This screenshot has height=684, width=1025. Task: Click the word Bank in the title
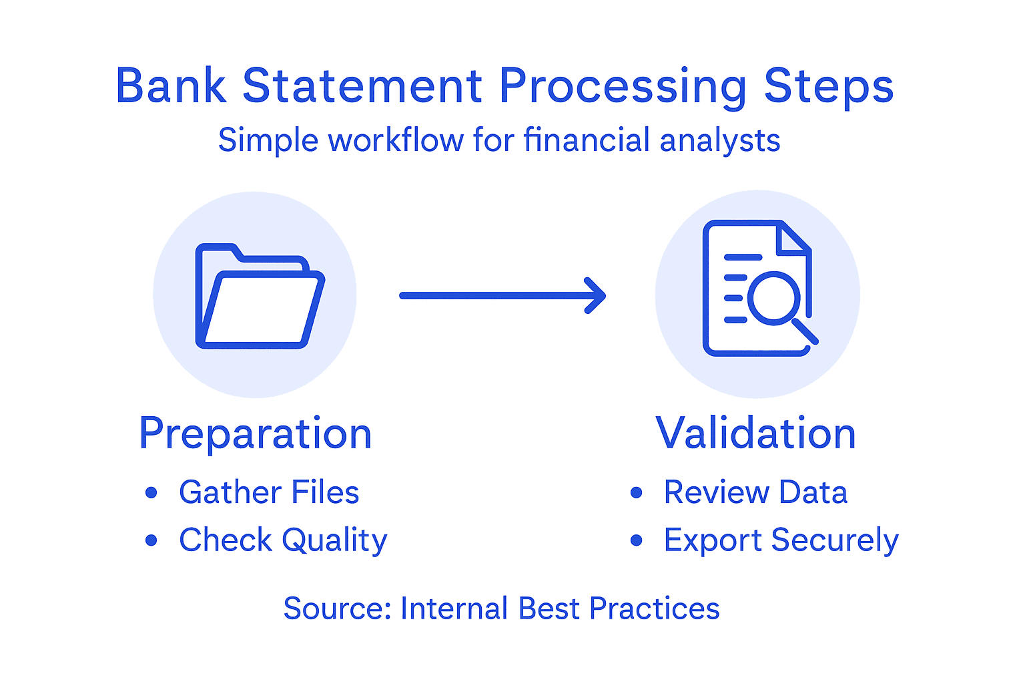click(x=171, y=86)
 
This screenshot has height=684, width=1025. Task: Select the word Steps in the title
click(x=828, y=88)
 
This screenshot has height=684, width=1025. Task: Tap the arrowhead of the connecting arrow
click(x=596, y=295)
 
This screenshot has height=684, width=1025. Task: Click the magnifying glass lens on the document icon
click(x=773, y=297)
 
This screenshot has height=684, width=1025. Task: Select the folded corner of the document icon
click(x=795, y=239)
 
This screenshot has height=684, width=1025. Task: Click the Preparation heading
click(x=255, y=434)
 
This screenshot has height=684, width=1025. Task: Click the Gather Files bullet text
click(x=269, y=492)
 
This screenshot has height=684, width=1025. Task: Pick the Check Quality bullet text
click(x=283, y=540)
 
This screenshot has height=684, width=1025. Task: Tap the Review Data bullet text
click(x=755, y=492)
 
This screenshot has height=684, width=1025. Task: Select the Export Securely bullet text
click(x=781, y=540)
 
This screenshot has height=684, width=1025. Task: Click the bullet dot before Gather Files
click(x=151, y=493)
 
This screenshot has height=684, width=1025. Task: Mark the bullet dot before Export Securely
click(x=636, y=540)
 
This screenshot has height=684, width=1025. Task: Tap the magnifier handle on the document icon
click(x=805, y=331)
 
